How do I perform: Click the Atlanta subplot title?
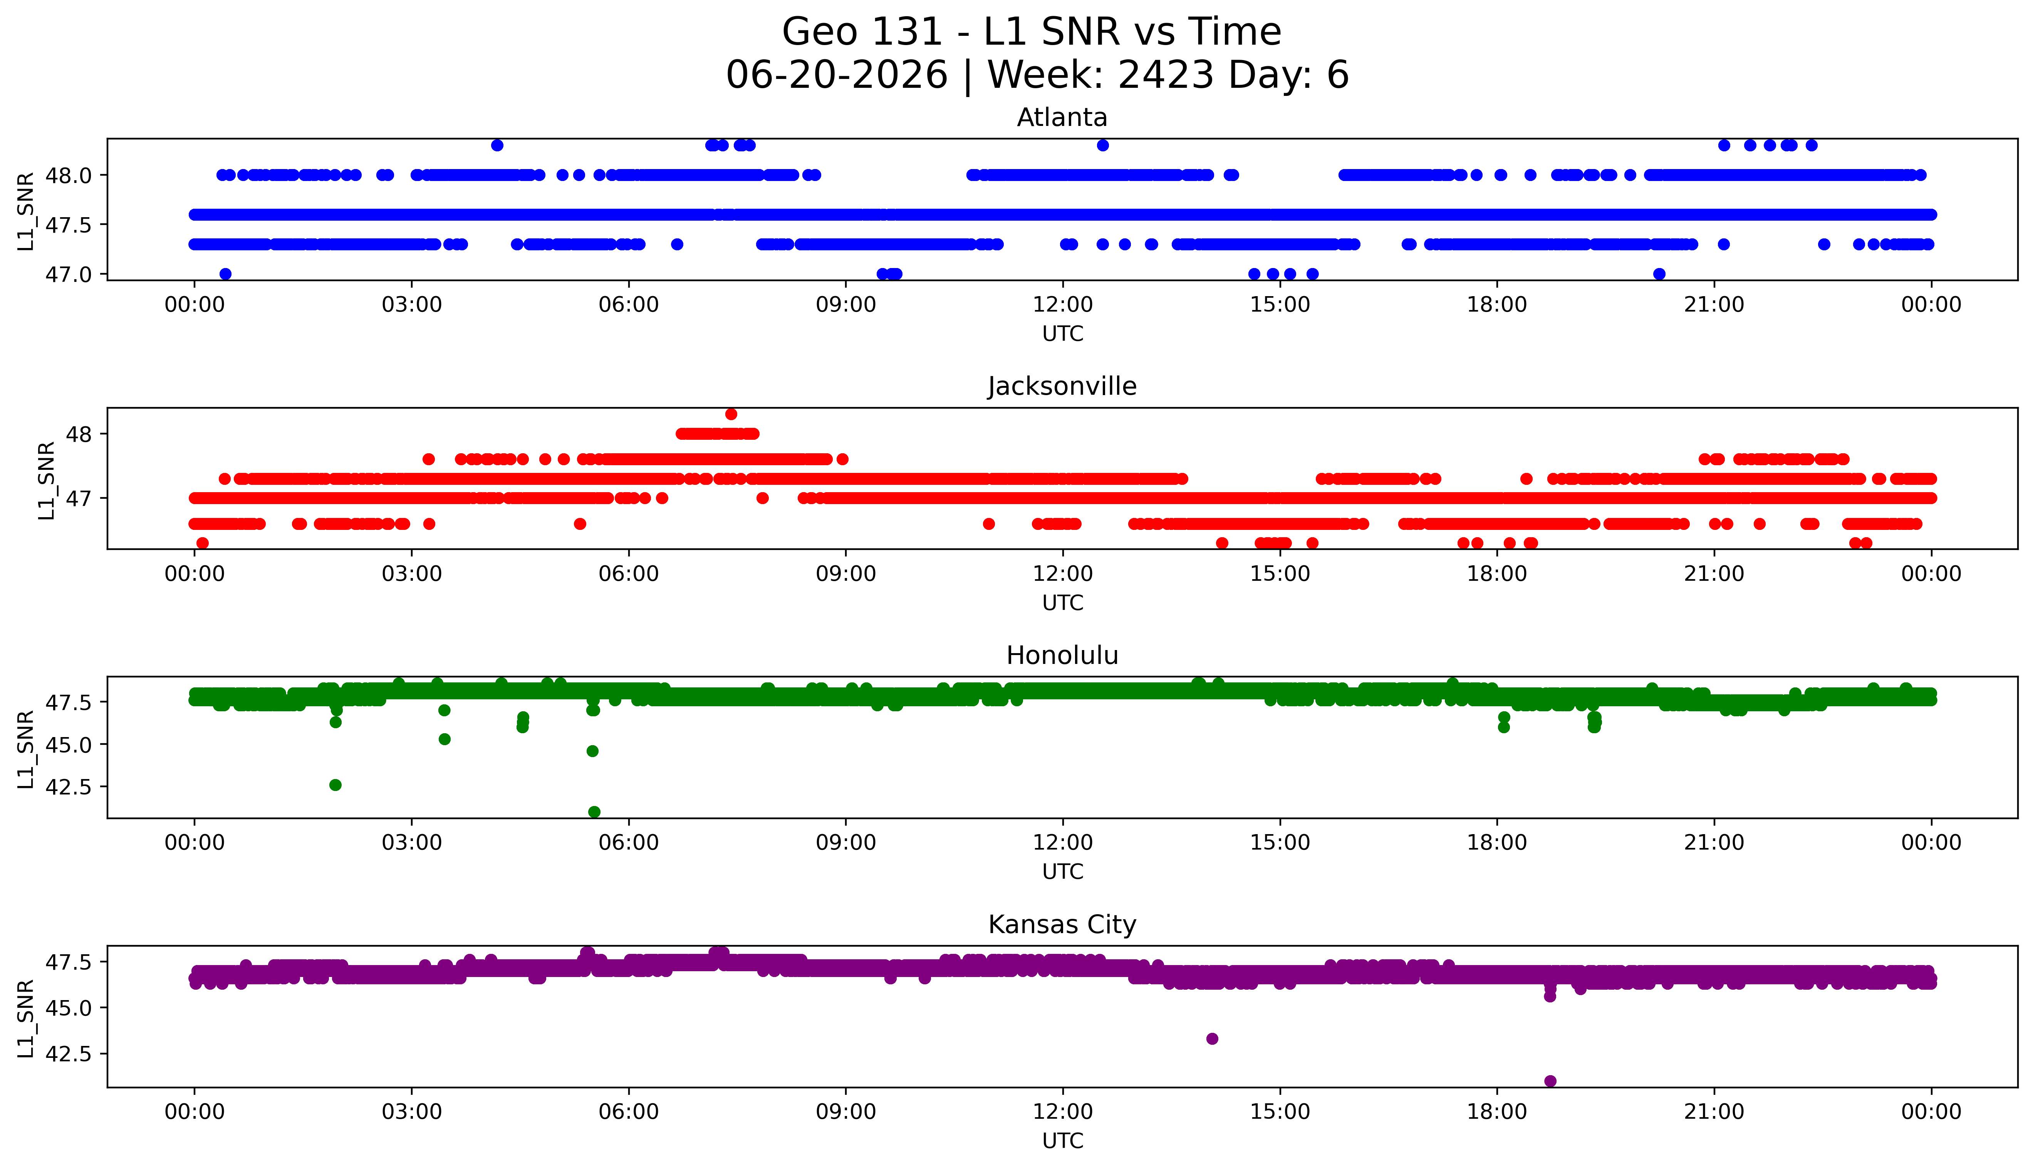click(1062, 118)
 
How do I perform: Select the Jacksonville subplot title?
click(1062, 387)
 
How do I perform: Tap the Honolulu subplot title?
click(1062, 655)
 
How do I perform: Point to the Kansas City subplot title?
click(1062, 925)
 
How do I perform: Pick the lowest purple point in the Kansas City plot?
click(1550, 1081)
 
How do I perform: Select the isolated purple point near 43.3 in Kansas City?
click(1212, 1039)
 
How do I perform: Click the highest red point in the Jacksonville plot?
click(731, 414)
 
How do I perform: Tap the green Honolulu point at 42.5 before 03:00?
click(335, 784)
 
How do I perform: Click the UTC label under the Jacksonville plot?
click(1062, 602)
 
